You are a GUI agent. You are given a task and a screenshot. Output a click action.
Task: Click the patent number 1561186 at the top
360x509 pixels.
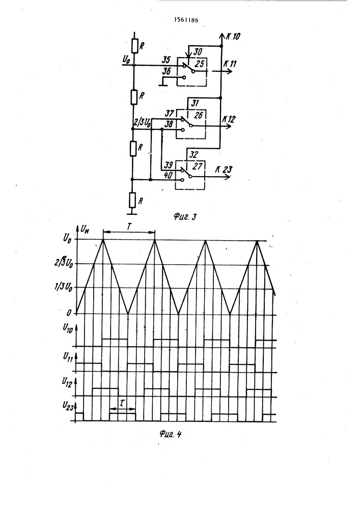[x=186, y=20]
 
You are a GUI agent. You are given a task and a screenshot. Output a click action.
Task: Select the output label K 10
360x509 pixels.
[x=233, y=36]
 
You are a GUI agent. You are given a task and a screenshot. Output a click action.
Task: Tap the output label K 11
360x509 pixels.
[x=230, y=64]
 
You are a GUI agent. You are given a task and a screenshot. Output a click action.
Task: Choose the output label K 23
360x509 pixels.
[x=224, y=169]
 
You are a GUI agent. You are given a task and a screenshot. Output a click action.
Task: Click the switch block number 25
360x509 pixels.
[x=199, y=64]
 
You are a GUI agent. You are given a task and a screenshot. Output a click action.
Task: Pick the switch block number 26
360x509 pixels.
[x=198, y=115]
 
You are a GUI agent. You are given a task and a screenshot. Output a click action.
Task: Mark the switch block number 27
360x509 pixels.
[x=198, y=166]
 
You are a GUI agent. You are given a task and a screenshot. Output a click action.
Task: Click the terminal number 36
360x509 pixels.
[x=166, y=71]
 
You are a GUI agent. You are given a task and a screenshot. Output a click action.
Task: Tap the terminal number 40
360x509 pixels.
[x=169, y=176]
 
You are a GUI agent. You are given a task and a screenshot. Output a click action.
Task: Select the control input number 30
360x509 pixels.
[x=198, y=52]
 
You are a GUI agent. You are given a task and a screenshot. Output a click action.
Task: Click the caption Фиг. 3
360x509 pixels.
[x=185, y=217]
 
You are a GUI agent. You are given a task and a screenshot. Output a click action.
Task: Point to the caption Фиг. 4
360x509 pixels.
[x=170, y=434]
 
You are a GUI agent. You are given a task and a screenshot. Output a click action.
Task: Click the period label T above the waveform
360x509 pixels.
[x=128, y=227]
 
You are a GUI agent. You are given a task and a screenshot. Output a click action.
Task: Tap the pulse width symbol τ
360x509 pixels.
[x=122, y=404]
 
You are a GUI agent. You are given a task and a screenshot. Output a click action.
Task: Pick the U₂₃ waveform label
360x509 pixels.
[x=68, y=406]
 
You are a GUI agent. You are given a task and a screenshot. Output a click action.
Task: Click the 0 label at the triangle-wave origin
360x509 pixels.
[x=69, y=313]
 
